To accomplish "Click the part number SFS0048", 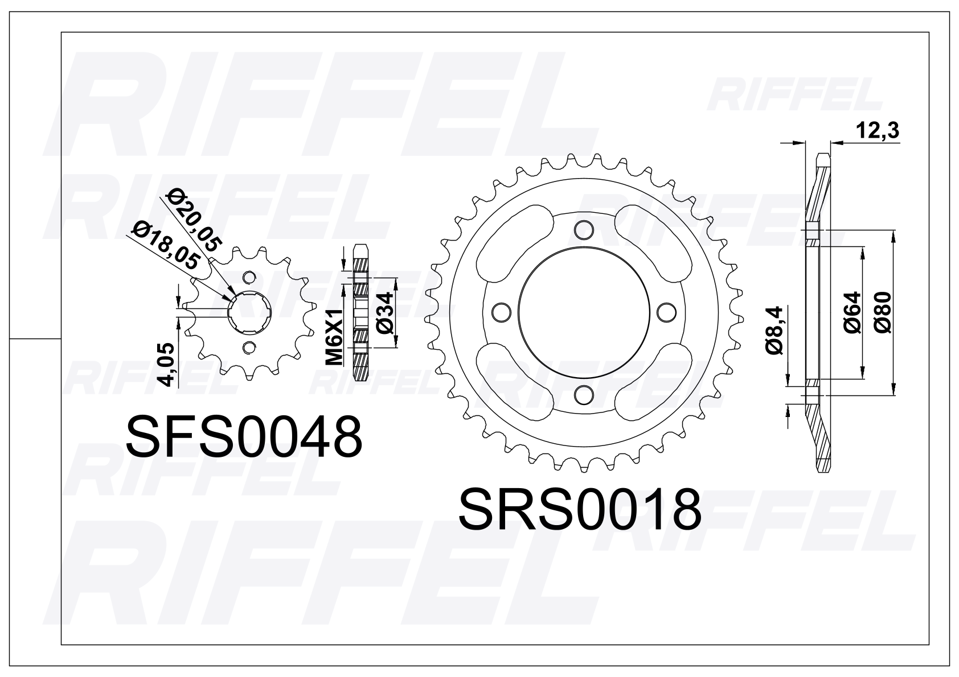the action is tap(244, 437).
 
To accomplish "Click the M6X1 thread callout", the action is tap(334, 337).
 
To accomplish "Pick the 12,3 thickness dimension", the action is tap(877, 131).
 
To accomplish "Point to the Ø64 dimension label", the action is tap(853, 312).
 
